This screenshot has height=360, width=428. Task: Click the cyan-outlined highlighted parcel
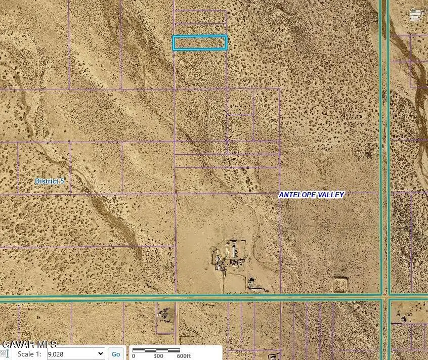(x=199, y=43)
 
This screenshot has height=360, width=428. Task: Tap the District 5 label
(x=49, y=181)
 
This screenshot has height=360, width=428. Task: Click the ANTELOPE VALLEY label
(x=312, y=195)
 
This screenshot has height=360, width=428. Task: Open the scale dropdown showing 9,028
(x=75, y=354)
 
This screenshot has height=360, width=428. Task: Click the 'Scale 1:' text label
(x=29, y=354)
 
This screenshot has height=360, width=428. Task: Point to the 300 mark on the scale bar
(x=158, y=355)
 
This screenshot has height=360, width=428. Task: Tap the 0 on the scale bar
(x=134, y=355)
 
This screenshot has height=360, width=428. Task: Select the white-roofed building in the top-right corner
(x=416, y=15)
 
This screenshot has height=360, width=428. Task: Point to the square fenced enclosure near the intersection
(x=340, y=284)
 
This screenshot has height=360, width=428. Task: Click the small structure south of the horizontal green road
(x=164, y=314)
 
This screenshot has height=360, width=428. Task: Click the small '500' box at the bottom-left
(x=4, y=354)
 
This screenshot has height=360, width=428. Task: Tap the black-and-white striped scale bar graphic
(x=156, y=350)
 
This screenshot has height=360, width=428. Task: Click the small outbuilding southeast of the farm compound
(x=252, y=282)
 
